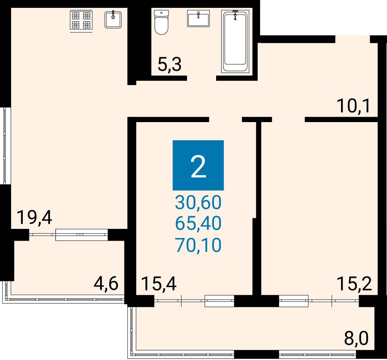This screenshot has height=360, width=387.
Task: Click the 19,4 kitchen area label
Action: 34,217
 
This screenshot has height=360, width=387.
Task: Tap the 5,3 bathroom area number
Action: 170,65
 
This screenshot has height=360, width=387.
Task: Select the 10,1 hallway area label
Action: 354,106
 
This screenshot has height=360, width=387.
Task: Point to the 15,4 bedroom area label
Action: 160,284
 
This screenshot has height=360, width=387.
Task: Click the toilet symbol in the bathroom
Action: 161,22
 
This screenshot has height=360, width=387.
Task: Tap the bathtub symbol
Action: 235,41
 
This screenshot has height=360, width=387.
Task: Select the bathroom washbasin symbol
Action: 198,18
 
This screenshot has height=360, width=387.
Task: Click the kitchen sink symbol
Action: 113,19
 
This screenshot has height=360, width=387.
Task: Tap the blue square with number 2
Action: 198,165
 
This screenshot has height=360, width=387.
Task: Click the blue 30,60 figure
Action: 198,202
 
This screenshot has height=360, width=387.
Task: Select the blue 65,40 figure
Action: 198,224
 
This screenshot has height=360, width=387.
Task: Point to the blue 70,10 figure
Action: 198,245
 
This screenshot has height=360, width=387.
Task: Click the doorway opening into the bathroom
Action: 202,78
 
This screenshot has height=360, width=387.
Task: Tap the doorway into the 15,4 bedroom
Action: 226,120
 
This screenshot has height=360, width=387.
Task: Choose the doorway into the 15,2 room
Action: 288,120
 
